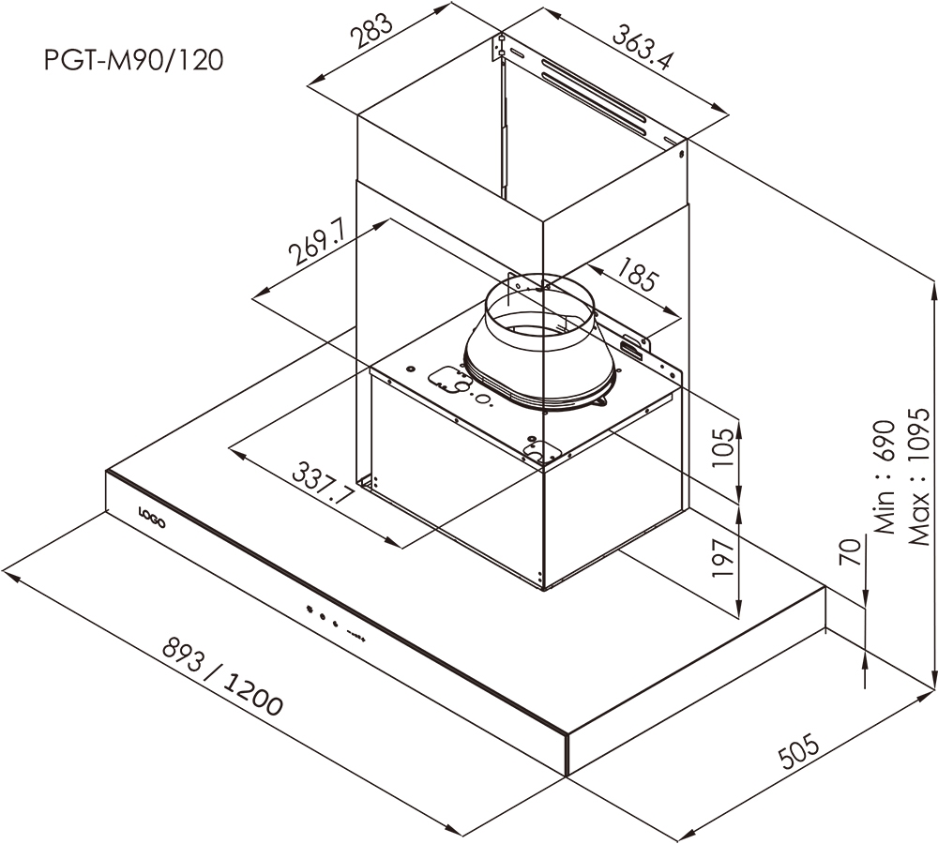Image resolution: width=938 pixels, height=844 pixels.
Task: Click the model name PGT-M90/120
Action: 134,60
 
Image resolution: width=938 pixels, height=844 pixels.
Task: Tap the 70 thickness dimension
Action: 850,552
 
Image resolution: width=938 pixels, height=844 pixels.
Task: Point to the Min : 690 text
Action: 885,488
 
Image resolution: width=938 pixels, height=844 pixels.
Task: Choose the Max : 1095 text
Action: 918,476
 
